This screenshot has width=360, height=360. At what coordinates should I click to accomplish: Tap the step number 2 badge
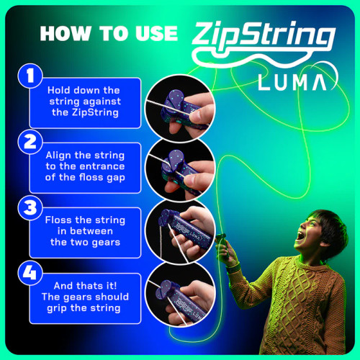coord(30,141)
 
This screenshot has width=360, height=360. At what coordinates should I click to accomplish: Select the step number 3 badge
coord(30,207)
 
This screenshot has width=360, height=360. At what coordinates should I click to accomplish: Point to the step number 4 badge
coord(30,274)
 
